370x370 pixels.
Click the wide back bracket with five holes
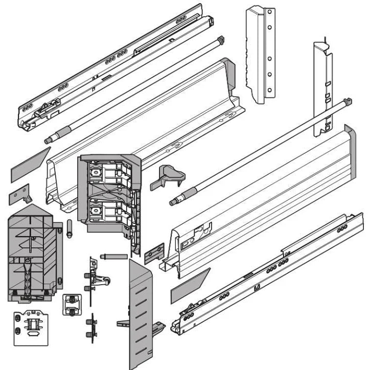[x=261, y=54]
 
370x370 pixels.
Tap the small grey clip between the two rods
[x=167, y=177]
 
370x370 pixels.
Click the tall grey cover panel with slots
[x=141, y=312]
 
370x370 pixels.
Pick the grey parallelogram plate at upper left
[x=30, y=165]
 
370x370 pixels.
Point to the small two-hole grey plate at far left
[x=19, y=195]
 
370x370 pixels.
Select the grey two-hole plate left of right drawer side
[x=154, y=252]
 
